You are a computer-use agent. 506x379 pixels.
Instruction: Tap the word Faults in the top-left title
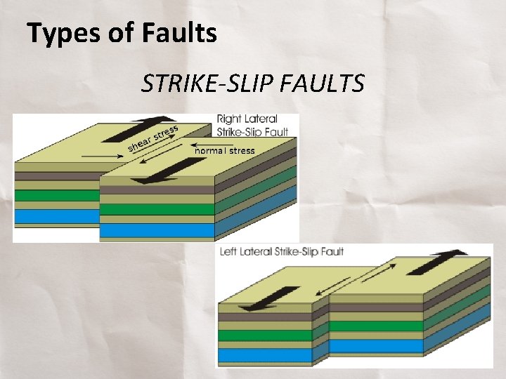(175, 33)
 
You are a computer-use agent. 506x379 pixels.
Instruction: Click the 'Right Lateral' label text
(247, 119)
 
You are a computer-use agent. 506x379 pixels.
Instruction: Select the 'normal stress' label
(225, 150)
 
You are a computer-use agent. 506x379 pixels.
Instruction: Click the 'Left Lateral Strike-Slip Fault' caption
(282, 251)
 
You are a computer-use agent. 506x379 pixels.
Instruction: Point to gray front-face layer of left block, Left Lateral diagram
(264, 317)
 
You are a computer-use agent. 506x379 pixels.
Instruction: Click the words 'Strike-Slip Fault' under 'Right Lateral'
(252, 132)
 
